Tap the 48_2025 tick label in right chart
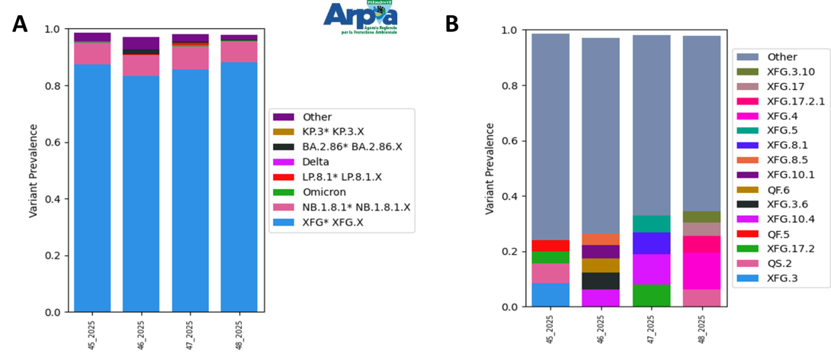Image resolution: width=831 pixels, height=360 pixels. [x=702, y=329]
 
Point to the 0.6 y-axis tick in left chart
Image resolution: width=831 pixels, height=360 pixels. [x=52, y=143]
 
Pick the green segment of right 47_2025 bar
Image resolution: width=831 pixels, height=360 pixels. [x=651, y=295]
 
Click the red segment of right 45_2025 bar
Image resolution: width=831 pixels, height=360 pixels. [x=550, y=246]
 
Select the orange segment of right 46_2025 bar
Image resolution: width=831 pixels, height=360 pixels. [x=601, y=239]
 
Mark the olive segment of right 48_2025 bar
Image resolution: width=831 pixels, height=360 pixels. [x=701, y=217]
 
